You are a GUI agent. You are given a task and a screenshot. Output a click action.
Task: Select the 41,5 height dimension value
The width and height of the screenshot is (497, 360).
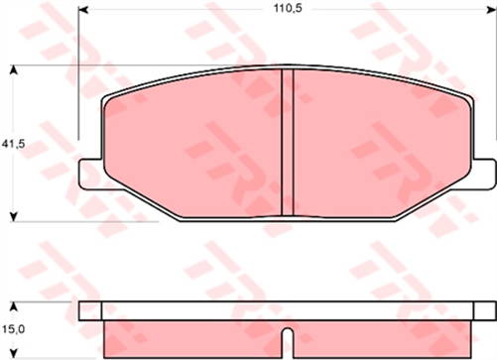[13, 144]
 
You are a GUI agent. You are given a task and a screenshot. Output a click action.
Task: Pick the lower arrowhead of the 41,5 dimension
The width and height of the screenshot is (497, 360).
[13, 214]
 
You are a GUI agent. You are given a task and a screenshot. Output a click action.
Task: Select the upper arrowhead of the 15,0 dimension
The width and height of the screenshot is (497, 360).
[13, 305]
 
